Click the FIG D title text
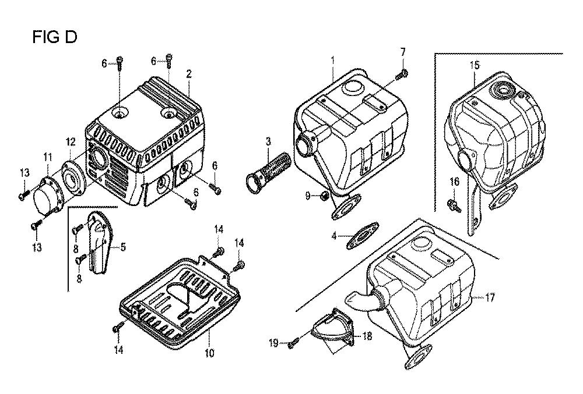55,37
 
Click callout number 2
189,74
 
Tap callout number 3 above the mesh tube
268,141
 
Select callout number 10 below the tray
210,353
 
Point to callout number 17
490,297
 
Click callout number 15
475,65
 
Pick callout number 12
71,142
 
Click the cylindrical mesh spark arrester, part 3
262,172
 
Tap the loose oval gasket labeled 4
363,236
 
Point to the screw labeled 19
294,344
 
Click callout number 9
308,196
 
